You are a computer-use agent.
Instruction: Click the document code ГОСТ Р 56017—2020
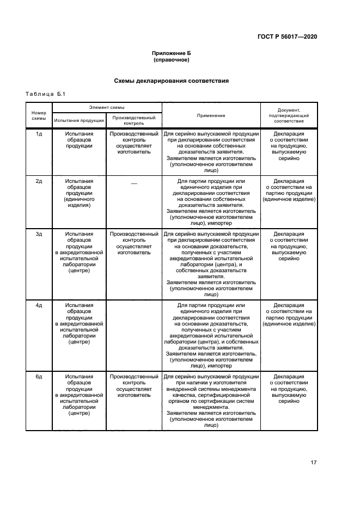[x=287, y=36]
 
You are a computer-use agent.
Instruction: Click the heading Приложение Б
[x=171, y=53]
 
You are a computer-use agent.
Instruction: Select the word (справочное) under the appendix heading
[x=171, y=60]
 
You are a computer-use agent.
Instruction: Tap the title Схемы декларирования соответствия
[x=171, y=81]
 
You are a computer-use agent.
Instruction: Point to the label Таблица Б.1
[x=45, y=94]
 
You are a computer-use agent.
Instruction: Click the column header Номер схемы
[x=39, y=115]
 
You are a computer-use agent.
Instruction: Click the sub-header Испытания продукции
[x=80, y=120]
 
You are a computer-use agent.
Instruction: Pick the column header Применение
[x=211, y=115]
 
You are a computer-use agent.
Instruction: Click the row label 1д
[x=39, y=133]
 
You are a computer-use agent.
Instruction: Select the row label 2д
[x=39, y=181]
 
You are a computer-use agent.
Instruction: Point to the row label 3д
[x=39, y=234]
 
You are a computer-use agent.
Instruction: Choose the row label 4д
[x=39, y=305]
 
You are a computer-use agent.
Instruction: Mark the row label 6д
[x=39, y=376]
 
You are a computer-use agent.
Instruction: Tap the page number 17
[x=313, y=463]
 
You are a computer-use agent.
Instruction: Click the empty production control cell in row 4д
[x=134, y=334]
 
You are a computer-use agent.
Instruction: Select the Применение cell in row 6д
[x=211, y=401]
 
